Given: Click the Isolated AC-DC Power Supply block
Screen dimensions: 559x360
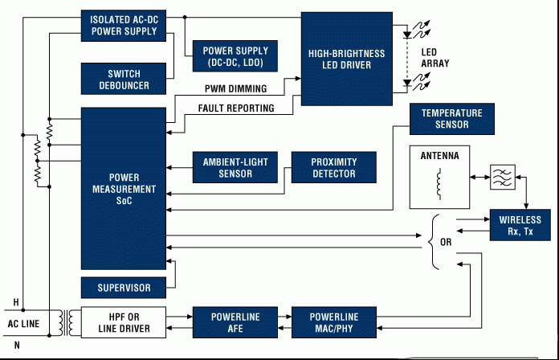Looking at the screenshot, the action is coord(124,26).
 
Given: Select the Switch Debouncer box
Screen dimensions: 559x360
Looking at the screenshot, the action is coord(124,79).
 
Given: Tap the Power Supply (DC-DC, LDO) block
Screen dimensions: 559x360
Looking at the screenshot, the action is coord(235,56).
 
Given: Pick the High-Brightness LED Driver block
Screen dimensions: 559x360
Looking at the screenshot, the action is coord(347,59).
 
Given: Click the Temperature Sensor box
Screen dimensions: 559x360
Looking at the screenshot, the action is coord(452,119).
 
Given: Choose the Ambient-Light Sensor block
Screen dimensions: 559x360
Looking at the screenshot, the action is coord(235,167).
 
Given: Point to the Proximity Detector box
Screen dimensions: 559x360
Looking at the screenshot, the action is coord(333,167).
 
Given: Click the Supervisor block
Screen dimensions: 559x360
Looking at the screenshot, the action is coord(124,288).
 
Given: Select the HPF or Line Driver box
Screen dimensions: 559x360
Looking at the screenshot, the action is coord(124,322).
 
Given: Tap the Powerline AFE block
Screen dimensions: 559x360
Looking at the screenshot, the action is coord(235,322).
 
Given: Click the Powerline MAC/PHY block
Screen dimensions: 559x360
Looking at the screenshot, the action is coord(333,322).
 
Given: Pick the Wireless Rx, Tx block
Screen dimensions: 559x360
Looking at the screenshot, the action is coord(520,225).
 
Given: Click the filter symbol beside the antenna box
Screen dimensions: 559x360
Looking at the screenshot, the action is coord(503,177).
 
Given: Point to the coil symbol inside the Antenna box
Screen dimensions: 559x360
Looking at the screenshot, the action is coord(439,184).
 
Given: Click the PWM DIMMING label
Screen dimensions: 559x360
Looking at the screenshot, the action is coord(235,88).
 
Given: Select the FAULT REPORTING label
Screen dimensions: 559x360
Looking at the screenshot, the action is coord(236,108).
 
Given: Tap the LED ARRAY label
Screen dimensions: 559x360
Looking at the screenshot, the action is coord(435,58).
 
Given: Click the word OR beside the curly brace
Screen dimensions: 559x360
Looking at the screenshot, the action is coord(446,242).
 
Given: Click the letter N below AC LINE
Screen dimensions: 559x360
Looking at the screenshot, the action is coord(17,345).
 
